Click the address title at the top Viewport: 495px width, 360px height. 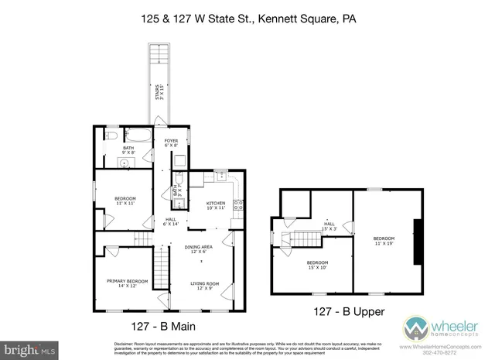pos(247,16)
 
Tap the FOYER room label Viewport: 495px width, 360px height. pos(171,142)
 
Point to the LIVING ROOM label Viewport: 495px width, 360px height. pos(205,286)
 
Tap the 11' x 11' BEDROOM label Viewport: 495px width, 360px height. pos(125,201)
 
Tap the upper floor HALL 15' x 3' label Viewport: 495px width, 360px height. pos(330,227)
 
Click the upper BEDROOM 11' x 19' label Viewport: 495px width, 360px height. pos(384,241)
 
